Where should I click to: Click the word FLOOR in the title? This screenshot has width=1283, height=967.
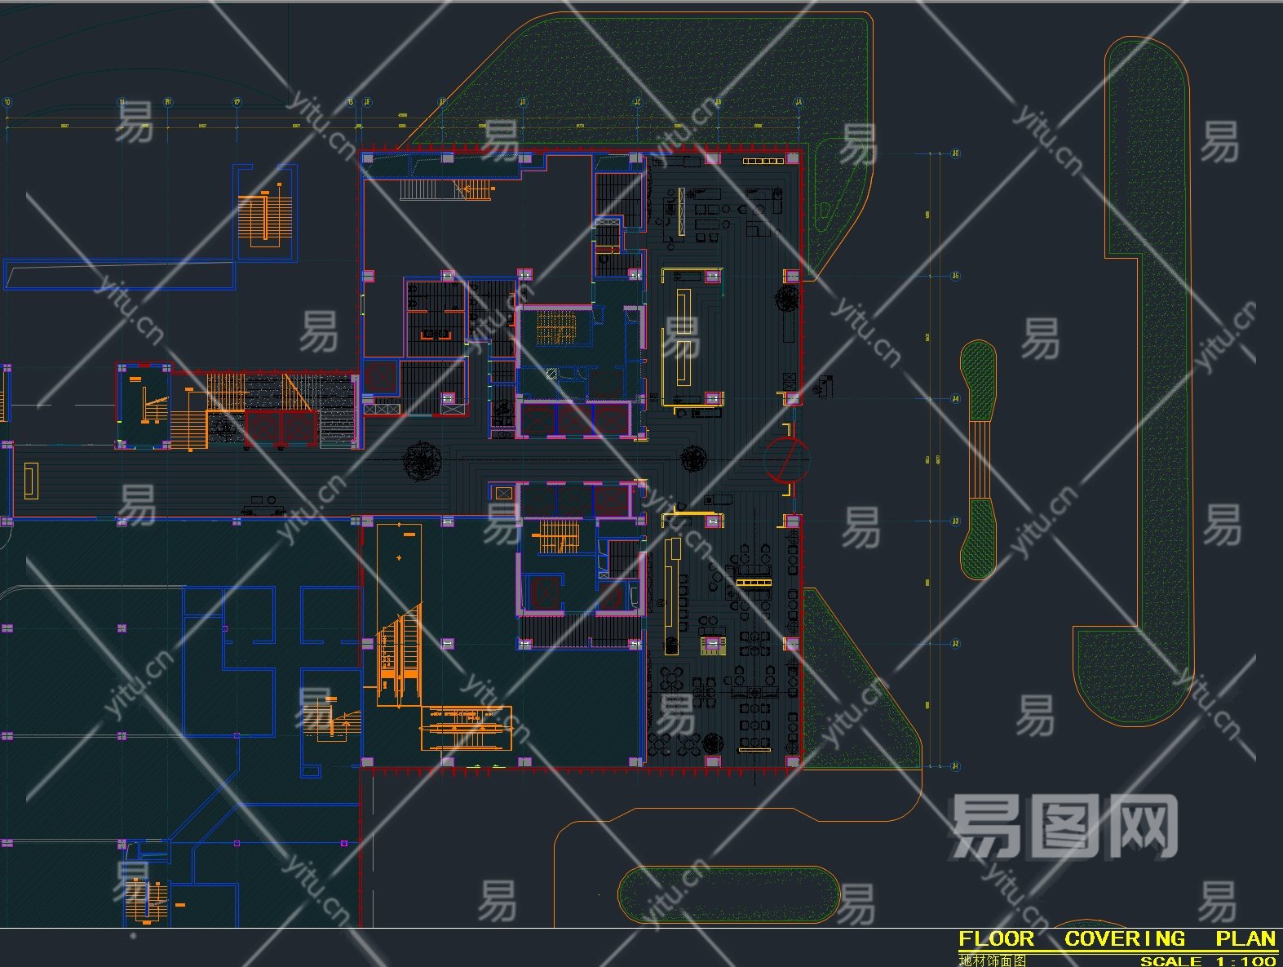click(x=996, y=939)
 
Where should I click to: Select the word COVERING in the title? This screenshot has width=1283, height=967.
click(x=1124, y=939)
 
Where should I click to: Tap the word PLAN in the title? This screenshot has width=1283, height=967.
click(x=1245, y=939)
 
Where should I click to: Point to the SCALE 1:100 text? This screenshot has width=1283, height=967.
click(x=1208, y=961)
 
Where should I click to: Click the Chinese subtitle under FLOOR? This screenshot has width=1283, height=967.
click(x=993, y=961)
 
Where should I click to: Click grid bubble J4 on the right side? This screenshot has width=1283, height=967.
click(x=956, y=399)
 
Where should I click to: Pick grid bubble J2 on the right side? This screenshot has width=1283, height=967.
click(x=956, y=644)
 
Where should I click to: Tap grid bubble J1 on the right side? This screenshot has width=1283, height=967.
click(x=956, y=766)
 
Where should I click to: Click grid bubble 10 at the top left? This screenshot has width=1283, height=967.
click(x=8, y=103)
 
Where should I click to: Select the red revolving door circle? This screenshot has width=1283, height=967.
click(x=786, y=459)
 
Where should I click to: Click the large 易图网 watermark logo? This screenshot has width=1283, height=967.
click(x=1064, y=826)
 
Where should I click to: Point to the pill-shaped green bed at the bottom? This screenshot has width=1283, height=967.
click(x=728, y=894)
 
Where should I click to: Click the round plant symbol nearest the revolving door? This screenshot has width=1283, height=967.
click(x=693, y=459)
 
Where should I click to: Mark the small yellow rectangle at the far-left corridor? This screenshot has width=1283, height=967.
click(x=31, y=480)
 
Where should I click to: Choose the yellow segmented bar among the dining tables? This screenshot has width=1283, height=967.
click(x=754, y=582)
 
